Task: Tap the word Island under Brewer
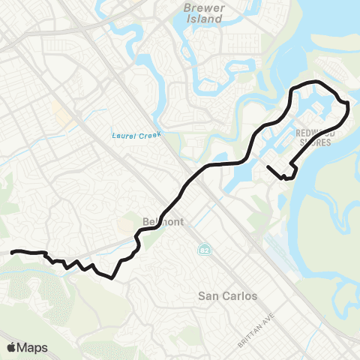(203, 19)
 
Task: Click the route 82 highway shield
(204, 250)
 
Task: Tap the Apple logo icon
(11, 347)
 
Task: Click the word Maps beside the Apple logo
(32, 347)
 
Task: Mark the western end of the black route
(10, 253)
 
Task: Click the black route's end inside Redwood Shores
(268, 167)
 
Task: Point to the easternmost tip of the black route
(348, 109)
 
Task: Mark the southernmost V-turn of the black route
(112, 277)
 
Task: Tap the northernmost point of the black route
(315, 81)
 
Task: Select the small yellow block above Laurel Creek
(58, 113)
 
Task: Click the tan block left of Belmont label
(126, 226)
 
